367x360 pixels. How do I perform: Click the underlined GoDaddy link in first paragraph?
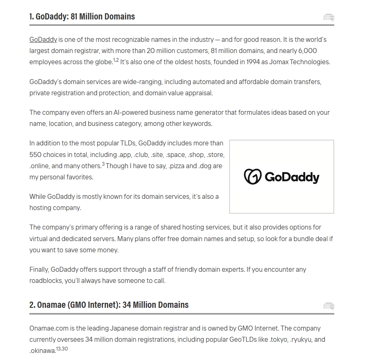tap(43, 40)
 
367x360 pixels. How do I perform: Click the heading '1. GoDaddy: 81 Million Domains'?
tap(82, 17)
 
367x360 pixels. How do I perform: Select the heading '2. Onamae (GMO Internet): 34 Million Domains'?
tap(109, 305)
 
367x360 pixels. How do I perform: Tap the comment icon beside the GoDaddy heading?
tap(329, 17)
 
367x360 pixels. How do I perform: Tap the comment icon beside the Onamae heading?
tap(329, 306)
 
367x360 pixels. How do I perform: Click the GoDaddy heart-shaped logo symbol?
tap(252, 176)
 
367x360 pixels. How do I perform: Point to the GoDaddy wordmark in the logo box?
tap(292, 177)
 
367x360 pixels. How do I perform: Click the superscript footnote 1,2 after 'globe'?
tap(116, 60)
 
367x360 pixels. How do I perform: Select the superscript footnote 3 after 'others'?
tap(103, 164)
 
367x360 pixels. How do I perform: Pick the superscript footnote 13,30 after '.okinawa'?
tap(62, 348)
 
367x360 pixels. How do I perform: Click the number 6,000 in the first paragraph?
tap(308, 51)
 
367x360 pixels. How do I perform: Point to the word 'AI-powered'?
tap(114, 113)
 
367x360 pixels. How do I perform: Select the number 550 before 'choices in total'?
tap(36, 155)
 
